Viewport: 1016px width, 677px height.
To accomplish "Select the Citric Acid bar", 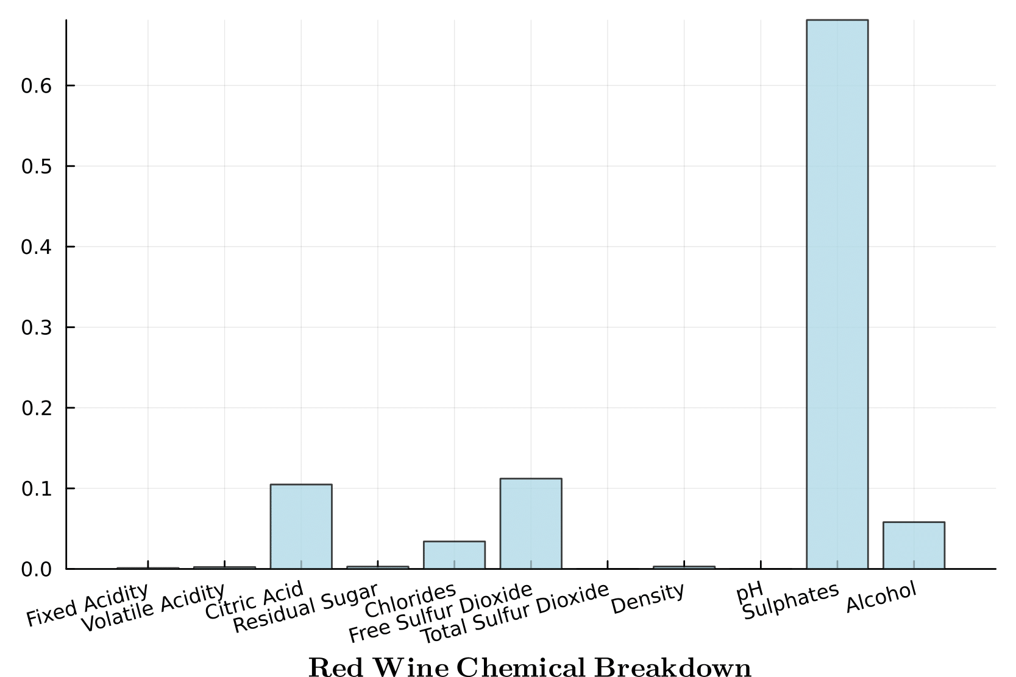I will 301,527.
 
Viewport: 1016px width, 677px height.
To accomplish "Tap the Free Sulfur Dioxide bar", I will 531,524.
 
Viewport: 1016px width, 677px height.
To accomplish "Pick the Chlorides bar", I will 454,555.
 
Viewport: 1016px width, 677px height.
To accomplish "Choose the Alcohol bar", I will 914,545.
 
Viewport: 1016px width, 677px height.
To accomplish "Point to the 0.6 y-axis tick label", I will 36,86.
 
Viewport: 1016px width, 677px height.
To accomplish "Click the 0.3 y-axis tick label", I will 36,328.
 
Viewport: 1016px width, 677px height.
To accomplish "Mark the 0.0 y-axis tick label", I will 36,570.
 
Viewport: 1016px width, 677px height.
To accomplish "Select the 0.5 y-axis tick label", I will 36,167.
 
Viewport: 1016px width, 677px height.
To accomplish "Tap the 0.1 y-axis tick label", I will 36,489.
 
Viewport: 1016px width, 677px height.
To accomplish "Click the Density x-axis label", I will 648,598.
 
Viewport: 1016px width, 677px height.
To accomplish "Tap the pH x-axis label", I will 750,592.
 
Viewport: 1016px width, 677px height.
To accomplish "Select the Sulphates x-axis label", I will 791,602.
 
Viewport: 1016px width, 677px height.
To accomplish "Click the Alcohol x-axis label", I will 881,597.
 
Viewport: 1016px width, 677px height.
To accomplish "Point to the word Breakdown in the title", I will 673,667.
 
